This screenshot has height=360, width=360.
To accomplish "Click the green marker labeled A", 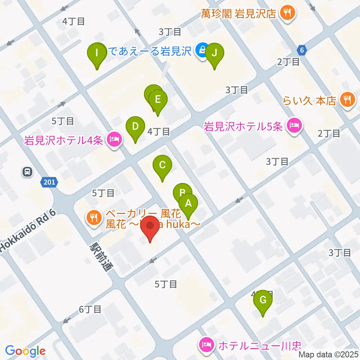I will pos(188,204).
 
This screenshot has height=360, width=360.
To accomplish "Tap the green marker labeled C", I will pos(162,165).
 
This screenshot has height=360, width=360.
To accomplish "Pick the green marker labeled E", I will pos(158,100).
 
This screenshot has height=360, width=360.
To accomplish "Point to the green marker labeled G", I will pos(263,300).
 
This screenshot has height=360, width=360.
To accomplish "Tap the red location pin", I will pos(151,226).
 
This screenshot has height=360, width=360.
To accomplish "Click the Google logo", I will pos(25,351).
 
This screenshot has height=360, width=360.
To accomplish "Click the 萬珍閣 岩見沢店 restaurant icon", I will pos(288,14).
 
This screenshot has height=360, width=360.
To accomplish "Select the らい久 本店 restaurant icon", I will pos(347,100).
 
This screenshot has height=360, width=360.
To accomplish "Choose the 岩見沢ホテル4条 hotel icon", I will pos(114,140).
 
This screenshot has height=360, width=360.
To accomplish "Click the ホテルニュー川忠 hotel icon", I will pos(207,343).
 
